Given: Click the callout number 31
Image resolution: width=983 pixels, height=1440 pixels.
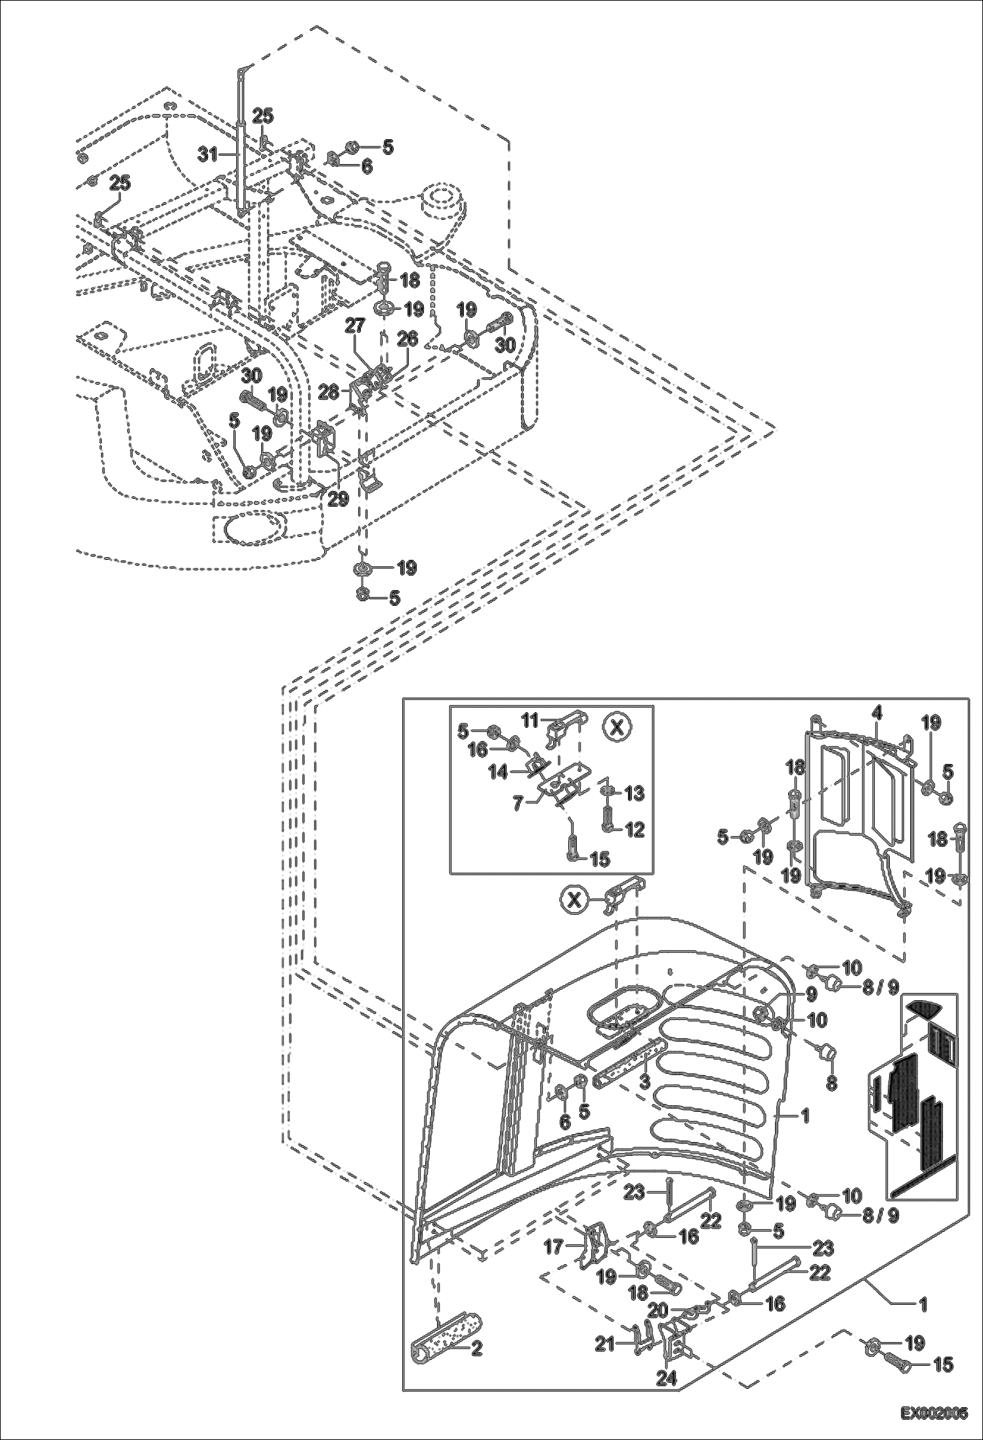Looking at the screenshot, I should click(208, 154).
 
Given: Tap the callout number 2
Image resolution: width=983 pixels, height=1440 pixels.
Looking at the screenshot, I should click(476, 1349).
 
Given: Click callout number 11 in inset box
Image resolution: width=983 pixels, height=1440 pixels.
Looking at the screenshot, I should click(529, 719).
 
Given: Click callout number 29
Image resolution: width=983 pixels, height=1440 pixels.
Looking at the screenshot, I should click(338, 499).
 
